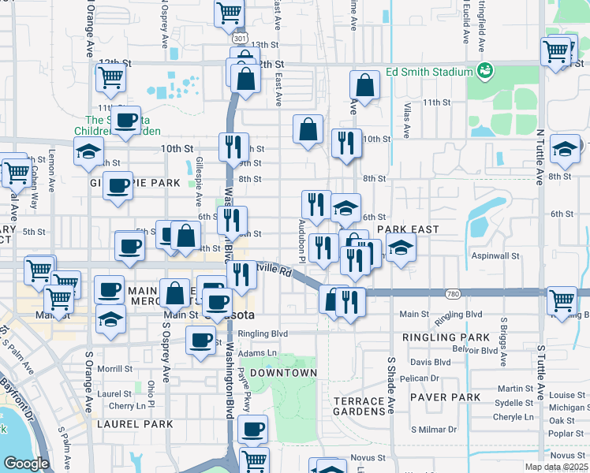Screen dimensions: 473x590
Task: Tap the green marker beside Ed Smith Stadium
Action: click(x=486, y=72)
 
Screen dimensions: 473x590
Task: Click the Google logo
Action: click(x=26, y=463)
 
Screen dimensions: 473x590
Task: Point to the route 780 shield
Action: click(x=451, y=294)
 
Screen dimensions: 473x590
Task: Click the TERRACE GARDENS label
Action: click(x=359, y=407)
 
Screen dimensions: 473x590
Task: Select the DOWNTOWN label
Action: click(x=283, y=372)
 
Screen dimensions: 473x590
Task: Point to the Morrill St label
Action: click(x=115, y=368)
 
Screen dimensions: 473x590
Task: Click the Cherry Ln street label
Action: click(x=128, y=406)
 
